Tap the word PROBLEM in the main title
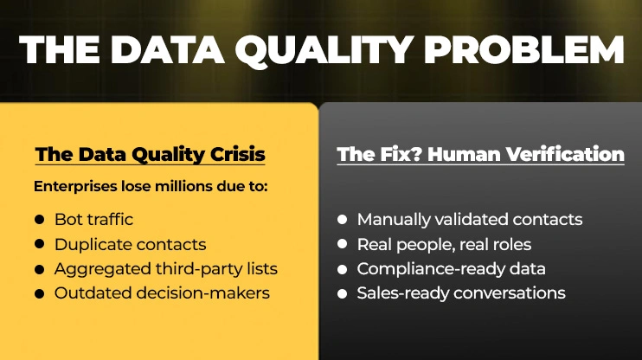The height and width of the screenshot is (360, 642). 536,50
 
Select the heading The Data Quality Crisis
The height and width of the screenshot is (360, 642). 150,155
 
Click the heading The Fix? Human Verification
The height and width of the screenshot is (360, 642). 480,155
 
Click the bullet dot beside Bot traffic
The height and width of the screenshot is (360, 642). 39,221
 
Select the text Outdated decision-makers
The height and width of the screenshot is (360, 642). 162,293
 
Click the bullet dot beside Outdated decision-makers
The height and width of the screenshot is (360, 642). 39,293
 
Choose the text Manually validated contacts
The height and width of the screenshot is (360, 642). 469,220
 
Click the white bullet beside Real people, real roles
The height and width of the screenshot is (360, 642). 343,245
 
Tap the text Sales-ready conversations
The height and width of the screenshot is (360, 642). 461,293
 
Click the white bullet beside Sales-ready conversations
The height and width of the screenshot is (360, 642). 343,293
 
